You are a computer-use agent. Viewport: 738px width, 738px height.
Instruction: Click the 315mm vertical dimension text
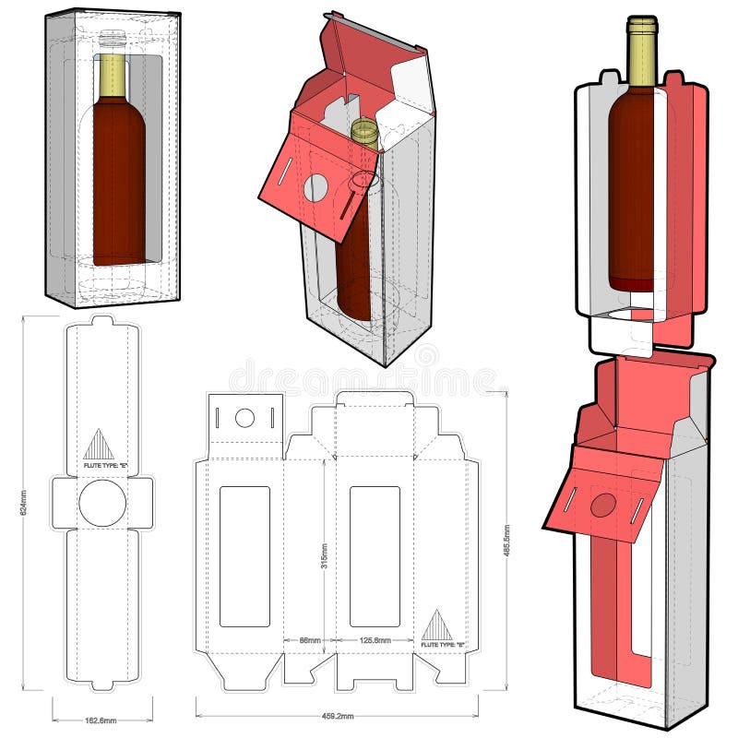[x=324, y=553]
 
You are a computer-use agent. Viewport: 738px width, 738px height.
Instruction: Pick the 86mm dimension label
[x=308, y=639]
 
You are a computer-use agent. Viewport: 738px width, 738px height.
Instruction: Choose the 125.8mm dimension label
[x=374, y=639]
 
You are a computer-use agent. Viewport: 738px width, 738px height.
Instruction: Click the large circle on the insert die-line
[x=101, y=503]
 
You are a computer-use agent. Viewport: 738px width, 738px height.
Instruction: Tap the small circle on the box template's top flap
[x=244, y=418]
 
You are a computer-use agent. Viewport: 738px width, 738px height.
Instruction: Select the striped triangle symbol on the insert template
[x=99, y=445]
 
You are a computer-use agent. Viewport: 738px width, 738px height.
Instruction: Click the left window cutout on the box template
[x=244, y=555]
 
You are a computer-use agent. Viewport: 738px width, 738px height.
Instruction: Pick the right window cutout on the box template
[x=375, y=555]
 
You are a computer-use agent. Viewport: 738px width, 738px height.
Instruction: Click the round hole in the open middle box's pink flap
[x=315, y=188]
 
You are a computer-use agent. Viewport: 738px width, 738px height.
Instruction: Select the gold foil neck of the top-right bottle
[x=641, y=54]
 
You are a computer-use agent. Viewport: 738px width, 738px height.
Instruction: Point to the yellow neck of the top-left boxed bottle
[x=112, y=74]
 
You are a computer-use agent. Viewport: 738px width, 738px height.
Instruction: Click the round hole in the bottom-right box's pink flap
[x=602, y=505]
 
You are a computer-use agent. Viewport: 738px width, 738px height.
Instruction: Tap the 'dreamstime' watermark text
[x=365, y=378]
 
